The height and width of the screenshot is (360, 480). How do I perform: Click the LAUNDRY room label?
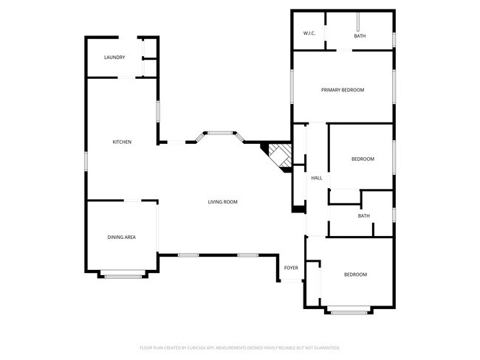[x=114, y=58]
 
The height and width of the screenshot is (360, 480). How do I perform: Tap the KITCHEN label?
[x=122, y=142]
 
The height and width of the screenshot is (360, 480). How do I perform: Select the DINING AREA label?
[x=122, y=237]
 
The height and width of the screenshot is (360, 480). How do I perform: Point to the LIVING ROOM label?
[x=222, y=201]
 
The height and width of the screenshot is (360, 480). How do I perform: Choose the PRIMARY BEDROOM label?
[x=343, y=90]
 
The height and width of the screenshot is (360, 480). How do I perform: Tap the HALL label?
[x=317, y=178]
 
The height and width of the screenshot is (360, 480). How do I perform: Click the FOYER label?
[x=291, y=267]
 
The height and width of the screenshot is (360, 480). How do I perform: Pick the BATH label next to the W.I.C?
[x=360, y=36]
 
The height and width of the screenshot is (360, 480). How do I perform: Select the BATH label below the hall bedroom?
[x=364, y=216]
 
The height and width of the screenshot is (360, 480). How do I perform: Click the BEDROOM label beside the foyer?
[x=355, y=274]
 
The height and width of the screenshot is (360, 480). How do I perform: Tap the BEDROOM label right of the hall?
[x=363, y=159]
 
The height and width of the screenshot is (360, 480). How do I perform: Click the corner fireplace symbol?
[x=278, y=156]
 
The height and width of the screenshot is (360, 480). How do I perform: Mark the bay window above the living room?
[x=219, y=134]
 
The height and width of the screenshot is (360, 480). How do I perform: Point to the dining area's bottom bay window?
[x=123, y=277]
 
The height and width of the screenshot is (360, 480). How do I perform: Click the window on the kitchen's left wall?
[x=87, y=160]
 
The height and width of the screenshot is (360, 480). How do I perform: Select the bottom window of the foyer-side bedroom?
[x=349, y=313]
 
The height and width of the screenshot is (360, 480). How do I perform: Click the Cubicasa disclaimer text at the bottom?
[x=239, y=347]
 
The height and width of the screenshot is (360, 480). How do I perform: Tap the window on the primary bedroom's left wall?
[x=293, y=87]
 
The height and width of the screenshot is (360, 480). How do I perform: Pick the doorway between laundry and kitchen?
[x=127, y=77]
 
